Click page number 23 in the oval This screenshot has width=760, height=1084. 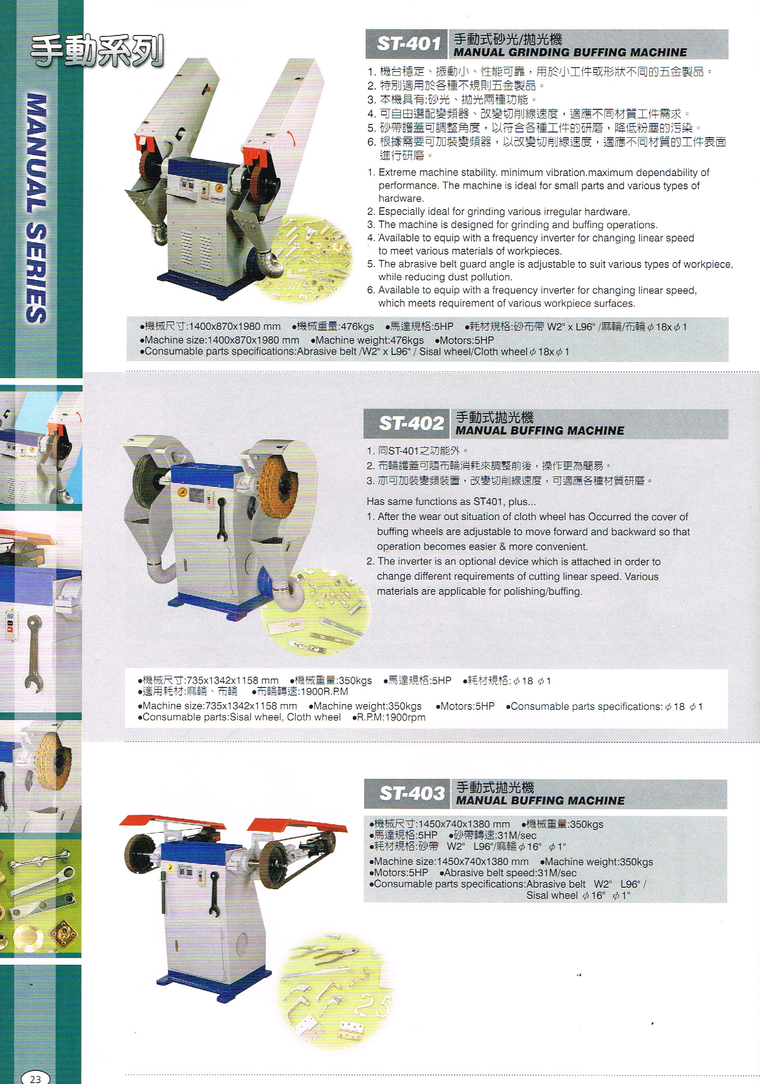[35, 1075]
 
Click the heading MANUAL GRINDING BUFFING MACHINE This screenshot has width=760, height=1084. [570, 52]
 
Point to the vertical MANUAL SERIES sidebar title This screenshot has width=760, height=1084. [36, 208]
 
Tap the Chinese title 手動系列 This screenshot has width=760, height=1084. [97, 51]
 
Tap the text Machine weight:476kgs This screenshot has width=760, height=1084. [367, 340]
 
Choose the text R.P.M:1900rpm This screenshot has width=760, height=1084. [389, 717]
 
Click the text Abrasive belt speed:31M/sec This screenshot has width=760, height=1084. [508, 873]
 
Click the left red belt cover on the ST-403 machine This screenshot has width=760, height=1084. [173, 822]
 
